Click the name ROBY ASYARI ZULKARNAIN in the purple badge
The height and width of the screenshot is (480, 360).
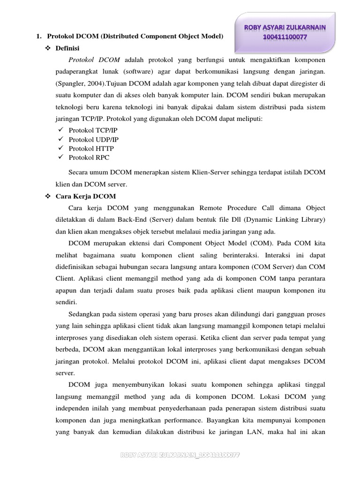click(286, 28)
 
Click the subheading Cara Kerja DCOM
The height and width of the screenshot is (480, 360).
click(86, 196)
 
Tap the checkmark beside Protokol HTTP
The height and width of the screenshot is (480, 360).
click(60, 149)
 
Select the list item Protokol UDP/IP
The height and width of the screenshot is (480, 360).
click(94, 140)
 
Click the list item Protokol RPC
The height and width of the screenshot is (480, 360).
click(89, 157)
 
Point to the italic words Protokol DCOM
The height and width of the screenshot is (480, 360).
click(94, 60)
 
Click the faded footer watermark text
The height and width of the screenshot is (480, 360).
click(180, 455)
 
